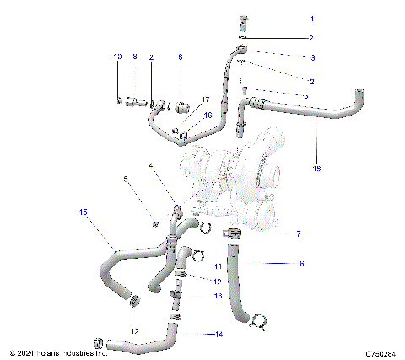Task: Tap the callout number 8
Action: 180,56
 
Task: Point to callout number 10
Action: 118,56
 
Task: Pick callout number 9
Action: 134,56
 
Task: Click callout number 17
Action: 204,99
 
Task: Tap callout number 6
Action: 301,263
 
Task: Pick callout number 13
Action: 217,296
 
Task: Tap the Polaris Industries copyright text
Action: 59,353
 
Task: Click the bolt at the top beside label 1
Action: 243,20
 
